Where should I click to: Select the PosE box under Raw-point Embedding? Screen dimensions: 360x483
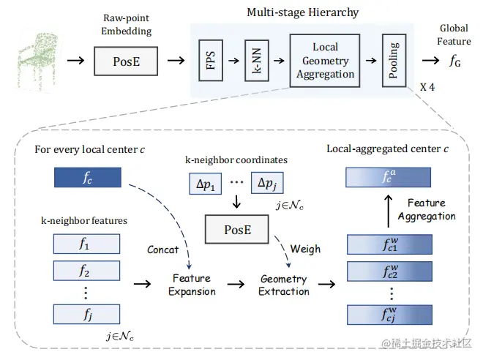coord(127,61)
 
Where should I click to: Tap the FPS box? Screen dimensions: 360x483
coord(210,60)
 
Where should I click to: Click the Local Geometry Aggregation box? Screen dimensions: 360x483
coord(326,61)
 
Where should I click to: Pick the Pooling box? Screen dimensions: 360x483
coord(394,60)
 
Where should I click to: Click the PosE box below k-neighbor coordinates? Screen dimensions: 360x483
coord(238,230)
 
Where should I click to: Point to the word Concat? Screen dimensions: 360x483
coord(162,250)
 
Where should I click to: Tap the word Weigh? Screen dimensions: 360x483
coord(305,249)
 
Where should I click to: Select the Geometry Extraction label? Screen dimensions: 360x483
coord(284,285)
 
